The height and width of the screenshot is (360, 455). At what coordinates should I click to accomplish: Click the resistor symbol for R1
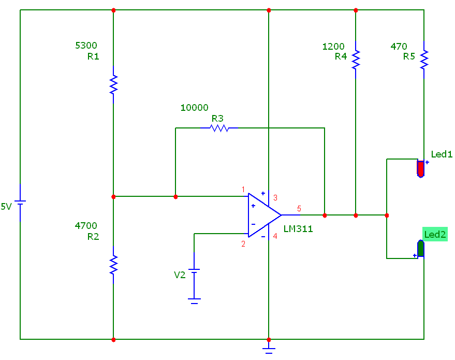(x=113, y=84)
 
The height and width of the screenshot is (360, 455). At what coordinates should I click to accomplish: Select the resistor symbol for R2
(x=113, y=265)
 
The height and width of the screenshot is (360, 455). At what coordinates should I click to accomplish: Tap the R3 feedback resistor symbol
(x=219, y=127)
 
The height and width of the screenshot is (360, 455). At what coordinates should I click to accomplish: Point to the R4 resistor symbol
(x=356, y=60)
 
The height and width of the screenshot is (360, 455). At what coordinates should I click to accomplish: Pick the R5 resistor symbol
(x=424, y=60)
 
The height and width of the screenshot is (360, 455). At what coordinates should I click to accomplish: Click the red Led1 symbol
(x=421, y=168)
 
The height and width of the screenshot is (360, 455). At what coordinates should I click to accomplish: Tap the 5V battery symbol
(x=20, y=203)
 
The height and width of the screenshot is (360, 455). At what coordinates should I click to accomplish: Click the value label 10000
(x=194, y=108)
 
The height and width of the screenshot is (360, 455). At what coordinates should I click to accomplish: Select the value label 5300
(x=86, y=46)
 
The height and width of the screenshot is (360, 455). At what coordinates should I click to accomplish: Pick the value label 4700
(x=86, y=226)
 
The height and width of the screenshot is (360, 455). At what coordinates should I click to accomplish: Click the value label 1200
(x=333, y=47)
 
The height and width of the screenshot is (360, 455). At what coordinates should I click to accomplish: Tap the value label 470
(x=399, y=47)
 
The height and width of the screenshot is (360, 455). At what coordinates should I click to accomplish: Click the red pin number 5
(x=299, y=209)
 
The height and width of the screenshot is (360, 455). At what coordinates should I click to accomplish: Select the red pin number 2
(x=243, y=244)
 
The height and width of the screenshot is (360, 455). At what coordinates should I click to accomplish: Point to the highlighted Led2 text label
(x=435, y=235)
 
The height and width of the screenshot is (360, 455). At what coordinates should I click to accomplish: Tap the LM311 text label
(x=298, y=228)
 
